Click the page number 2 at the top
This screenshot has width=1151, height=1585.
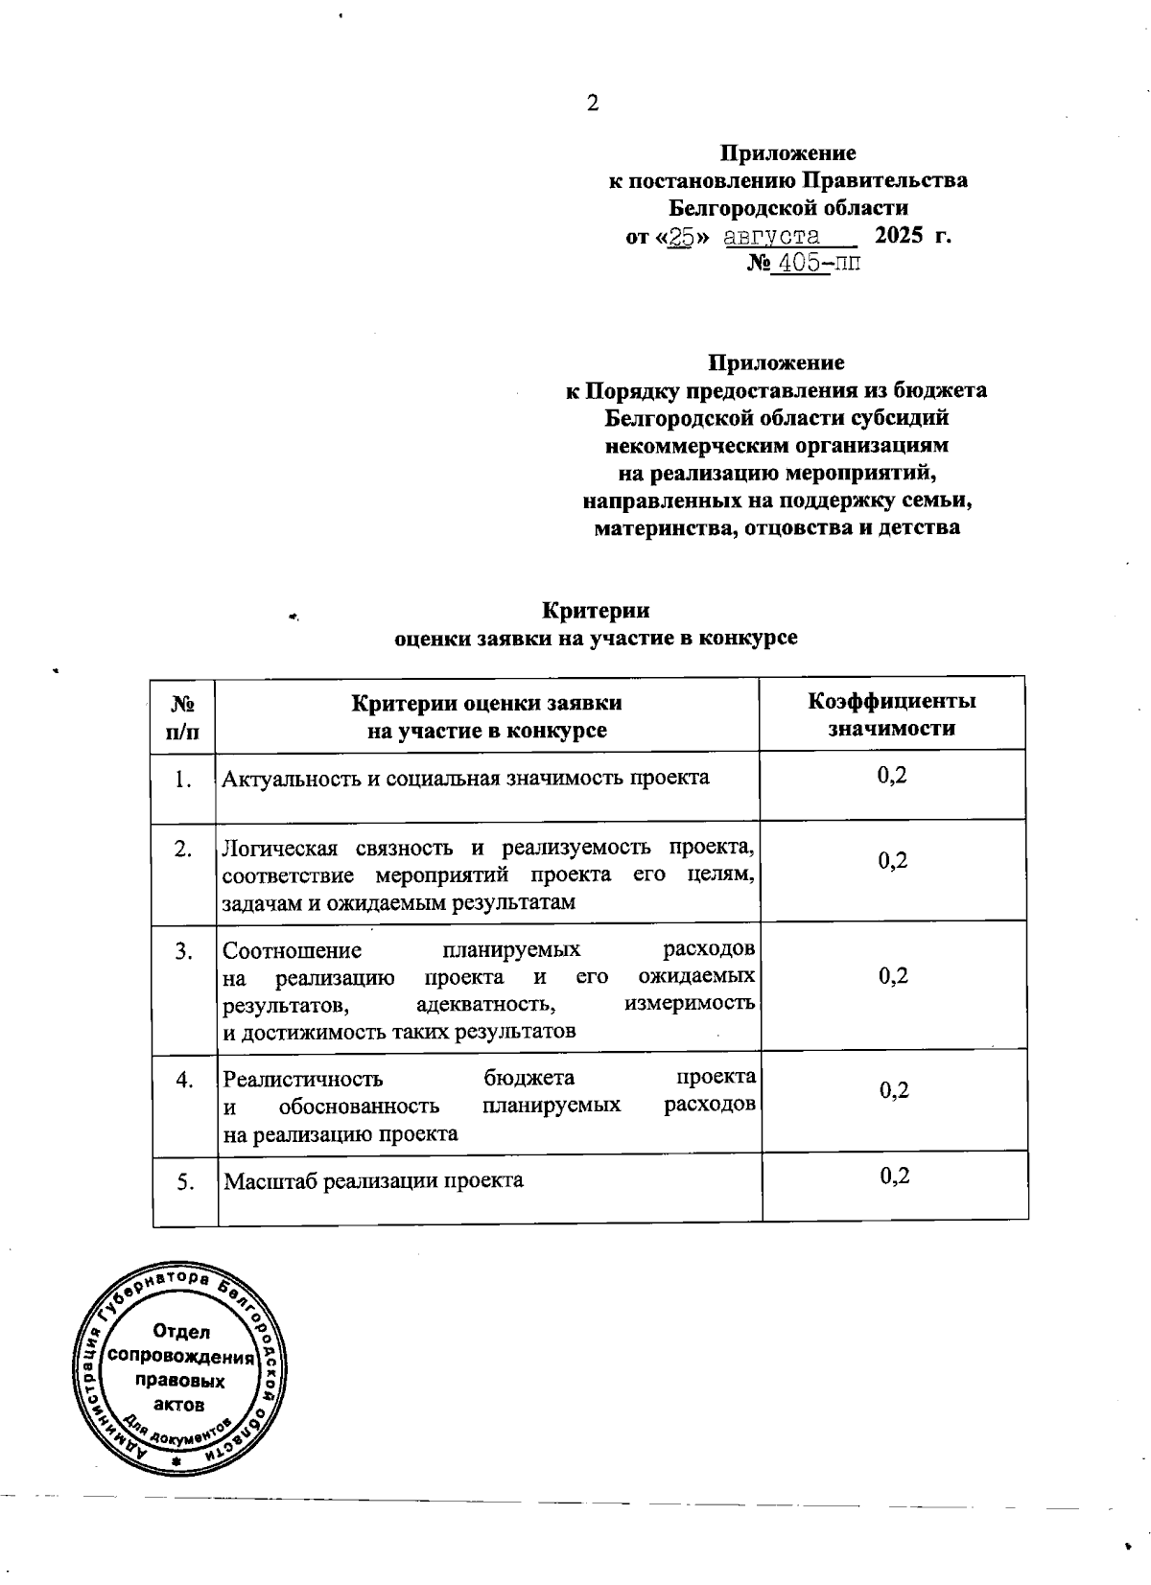click(593, 104)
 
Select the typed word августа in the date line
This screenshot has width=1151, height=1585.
click(772, 237)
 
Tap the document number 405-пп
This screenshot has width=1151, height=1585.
click(817, 263)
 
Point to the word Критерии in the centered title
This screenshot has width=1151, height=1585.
click(596, 611)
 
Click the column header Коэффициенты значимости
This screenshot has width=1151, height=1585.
click(892, 714)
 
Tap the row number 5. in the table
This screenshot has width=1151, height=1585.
click(185, 1182)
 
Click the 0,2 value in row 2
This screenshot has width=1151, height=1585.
click(893, 861)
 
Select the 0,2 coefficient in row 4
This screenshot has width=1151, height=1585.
click(894, 1090)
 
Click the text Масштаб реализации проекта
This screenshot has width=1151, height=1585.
click(373, 1180)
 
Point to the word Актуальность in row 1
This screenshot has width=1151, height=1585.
click(279, 778)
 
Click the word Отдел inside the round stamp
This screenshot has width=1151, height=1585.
click(181, 1332)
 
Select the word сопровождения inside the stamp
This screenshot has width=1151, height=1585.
click(181, 1358)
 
